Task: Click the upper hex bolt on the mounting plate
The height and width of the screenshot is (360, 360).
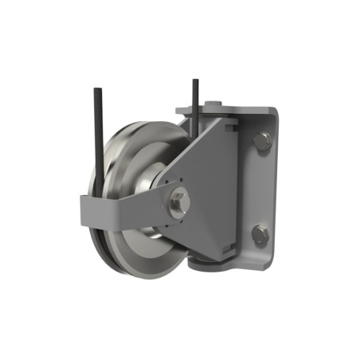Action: [x=262, y=143]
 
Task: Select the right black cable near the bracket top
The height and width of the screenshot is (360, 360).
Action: [x=194, y=100]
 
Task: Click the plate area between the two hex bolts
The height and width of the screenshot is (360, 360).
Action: [x=261, y=189]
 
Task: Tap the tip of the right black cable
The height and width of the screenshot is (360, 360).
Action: [x=194, y=80]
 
